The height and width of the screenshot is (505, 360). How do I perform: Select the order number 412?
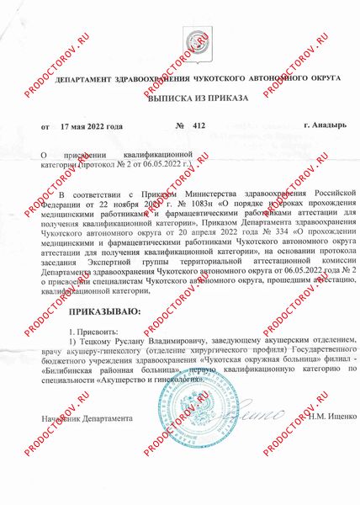(199, 126)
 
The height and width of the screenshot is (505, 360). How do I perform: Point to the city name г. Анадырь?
(320, 126)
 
